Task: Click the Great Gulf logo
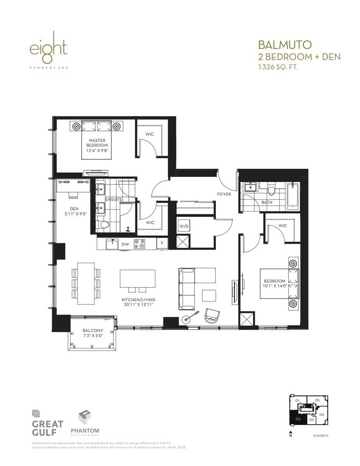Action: pyautogui.click(x=47, y=424)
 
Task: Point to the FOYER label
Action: pyautogui.click(x=224, y=194)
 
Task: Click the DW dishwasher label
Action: pyautogui.click(x=125, y=244)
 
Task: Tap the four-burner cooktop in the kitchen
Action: pyautogui.click(x=139, y=243)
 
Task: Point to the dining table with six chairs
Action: pyautogui.click(x=86, y=283)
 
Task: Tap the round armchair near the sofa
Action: pyautogui.click(x=212, y=315)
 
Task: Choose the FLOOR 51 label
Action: pyautogui.click(x=321, y=436)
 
